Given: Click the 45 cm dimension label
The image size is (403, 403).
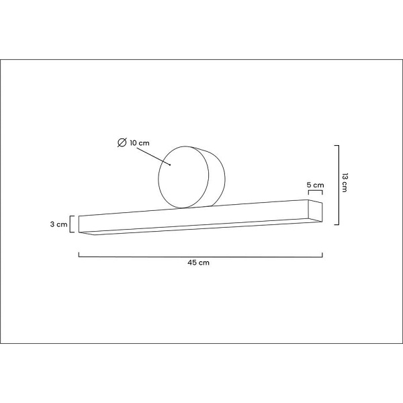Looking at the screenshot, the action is (x=198, y=263).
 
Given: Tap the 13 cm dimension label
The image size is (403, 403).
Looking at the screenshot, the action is (x=345, y=183).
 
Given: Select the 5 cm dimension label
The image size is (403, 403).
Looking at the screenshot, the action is (x=316, y=185).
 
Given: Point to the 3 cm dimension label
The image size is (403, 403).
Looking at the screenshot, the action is (x=58, y=224).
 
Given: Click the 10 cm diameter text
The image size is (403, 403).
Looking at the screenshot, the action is (x=140, y=143).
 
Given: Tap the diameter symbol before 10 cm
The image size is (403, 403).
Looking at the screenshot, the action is (x=122, y=142).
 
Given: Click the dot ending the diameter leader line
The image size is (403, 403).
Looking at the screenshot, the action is (x=170, y=165).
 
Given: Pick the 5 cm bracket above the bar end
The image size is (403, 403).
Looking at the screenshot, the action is (x=316, y=191).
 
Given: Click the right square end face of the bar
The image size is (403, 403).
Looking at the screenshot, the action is (x=316, y=210).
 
